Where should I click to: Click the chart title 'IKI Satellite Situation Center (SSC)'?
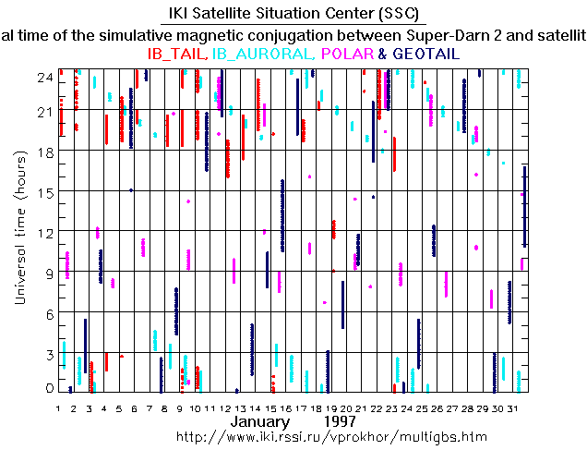(293, 14)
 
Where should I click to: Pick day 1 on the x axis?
(58, 407)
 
